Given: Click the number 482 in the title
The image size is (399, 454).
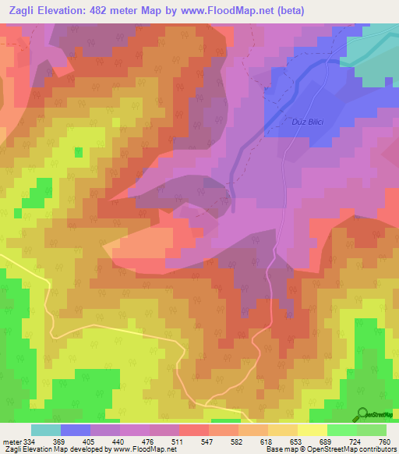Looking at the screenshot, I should pos(111,11).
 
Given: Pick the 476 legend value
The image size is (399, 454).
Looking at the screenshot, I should pos(143,441).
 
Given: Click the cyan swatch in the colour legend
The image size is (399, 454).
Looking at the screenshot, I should pos(46,430).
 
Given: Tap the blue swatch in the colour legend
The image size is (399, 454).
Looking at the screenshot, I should pos(76,430).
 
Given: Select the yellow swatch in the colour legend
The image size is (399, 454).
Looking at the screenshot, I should pos(312,430).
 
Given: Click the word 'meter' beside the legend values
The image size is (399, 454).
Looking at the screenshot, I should pos(12,441).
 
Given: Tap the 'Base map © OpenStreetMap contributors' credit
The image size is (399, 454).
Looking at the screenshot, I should pos(328,449).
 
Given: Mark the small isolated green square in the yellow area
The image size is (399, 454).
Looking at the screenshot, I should pos(78,152).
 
